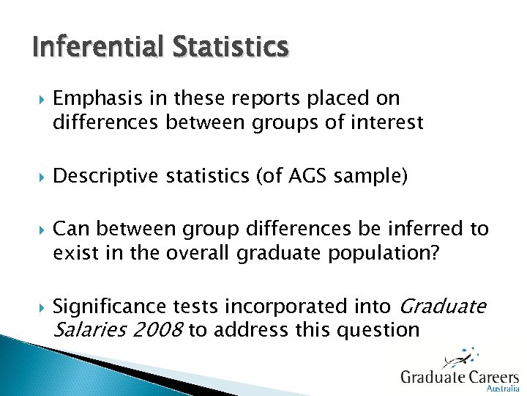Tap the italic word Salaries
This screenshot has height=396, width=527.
point(83,330)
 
